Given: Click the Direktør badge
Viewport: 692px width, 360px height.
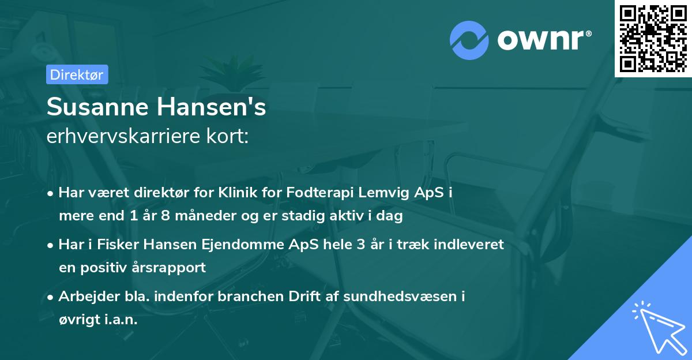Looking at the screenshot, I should [76, 74].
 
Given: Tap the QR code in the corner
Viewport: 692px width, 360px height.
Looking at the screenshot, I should [653, 38].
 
